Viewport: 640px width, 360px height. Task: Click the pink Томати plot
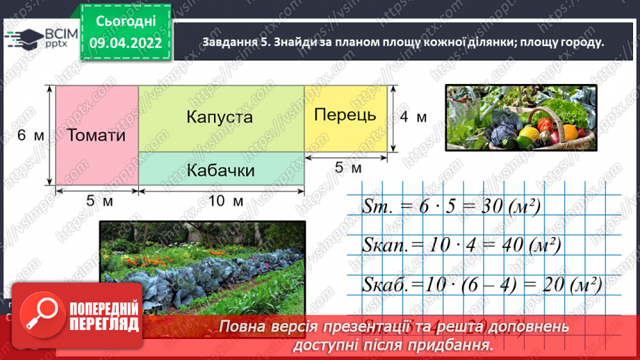(97, 136)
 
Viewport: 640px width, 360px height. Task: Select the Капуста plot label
(219, 117)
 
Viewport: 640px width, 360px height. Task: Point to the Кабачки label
(221, 170)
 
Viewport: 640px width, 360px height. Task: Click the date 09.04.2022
(125, 43)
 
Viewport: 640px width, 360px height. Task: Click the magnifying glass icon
(36, 315)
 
